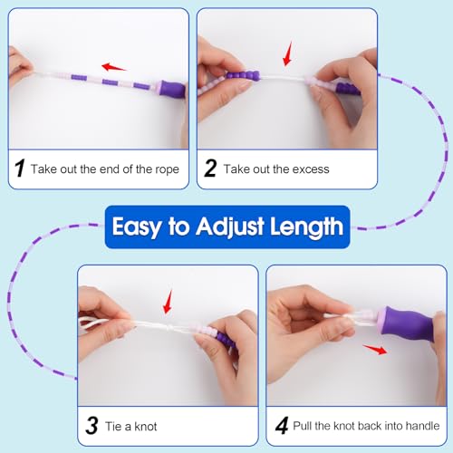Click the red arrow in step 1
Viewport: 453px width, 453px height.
click(113, 67)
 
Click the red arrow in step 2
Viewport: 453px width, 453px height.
click(287, 53)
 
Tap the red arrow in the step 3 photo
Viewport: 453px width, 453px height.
click(168, 302)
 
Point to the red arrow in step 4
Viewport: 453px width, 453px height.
click(375, 350)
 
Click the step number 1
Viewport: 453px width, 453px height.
click(20, 168)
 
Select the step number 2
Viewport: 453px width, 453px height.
click(210, 168)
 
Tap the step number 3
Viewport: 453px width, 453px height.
click(92, 426)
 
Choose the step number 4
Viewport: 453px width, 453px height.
click(282, 426)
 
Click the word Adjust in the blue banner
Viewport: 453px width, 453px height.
click(230, 226)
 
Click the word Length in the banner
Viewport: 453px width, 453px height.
click(306, 226)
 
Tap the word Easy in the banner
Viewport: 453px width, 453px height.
click(137, 226)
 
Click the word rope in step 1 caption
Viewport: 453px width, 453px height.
click(167, 169)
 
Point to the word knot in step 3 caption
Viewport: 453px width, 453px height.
click(146, 427)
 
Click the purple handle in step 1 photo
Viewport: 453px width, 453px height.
click(171, 89)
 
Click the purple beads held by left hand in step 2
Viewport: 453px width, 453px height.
click(243, 75)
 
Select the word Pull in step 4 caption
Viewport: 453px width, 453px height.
click(303, 426)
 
